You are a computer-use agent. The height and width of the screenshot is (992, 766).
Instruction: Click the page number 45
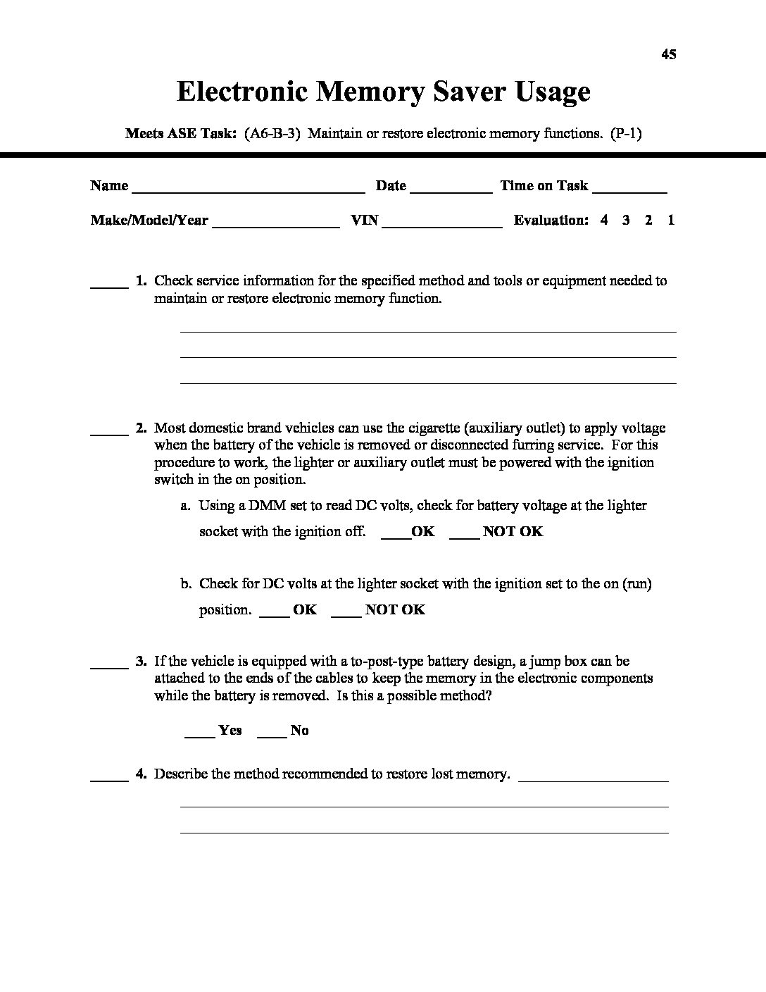point(669,54)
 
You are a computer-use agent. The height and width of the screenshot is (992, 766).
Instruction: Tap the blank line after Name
point(248,190)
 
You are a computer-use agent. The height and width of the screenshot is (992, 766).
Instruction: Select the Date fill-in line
point(451,190)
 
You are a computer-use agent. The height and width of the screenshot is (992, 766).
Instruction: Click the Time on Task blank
point(629,190)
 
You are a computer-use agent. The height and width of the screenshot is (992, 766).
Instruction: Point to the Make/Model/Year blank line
point(275,225)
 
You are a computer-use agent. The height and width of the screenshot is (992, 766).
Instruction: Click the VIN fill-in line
point(442,225)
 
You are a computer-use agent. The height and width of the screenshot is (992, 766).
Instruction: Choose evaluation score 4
point(604,220)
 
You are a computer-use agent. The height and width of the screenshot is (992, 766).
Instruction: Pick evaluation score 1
point(671,220)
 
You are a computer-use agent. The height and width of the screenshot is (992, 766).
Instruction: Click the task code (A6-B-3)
point(274,133)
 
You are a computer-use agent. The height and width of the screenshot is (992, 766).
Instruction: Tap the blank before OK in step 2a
point(396,537)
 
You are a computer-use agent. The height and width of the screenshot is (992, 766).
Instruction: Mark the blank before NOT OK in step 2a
point(464,537)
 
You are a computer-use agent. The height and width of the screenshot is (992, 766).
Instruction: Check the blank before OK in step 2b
point(275,615)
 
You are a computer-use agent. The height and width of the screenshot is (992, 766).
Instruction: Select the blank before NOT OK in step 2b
point(346,615)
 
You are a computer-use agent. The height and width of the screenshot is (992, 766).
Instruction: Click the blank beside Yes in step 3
point(200,736)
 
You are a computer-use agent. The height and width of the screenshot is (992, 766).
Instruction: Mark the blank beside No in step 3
point(272,736)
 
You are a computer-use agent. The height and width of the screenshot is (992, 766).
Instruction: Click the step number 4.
point(141,774)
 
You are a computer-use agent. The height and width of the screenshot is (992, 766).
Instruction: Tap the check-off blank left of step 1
point(109,285)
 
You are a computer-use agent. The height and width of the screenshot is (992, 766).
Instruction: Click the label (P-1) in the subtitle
point(626,133)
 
